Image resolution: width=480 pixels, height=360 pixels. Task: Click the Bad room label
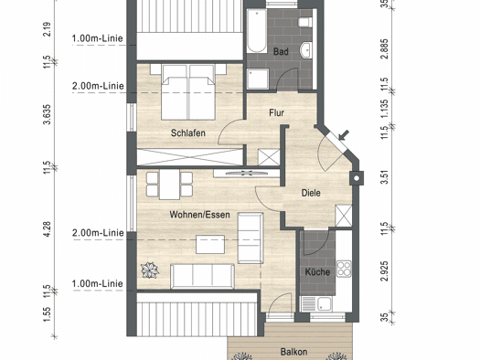(x=281, y=51)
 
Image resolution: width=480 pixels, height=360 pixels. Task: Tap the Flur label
(x=276, y=113)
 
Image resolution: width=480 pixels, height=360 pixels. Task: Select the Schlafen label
(x=188, y=133)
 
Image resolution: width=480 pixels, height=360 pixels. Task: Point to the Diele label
(x=311, y=193)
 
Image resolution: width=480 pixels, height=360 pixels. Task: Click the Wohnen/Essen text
(x=199, y=215)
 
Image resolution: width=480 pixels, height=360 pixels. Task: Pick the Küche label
(x=317, y=272)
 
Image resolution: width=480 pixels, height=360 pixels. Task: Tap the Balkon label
(x=293, y=352)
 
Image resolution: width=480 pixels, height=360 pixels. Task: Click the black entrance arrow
(x=344, y=135)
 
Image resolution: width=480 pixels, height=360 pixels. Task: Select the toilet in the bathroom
(x=305, y=22)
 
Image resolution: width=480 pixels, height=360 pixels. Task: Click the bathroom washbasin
(x=306, y=50)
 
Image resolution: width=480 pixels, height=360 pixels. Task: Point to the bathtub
(x=257, y=30)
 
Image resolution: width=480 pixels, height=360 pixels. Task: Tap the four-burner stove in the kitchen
(x=344, y=269)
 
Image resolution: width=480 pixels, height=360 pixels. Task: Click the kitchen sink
(x=317, y=304)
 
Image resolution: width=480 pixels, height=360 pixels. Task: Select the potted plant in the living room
(x=150, y=270)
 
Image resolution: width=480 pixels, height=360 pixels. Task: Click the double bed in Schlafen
(x=188, y=92)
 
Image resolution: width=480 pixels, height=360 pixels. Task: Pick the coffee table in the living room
(x=210, y=244)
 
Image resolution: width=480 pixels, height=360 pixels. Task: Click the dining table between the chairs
(x=169, y=185)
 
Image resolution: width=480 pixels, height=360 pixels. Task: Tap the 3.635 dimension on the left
(x=48, y=114)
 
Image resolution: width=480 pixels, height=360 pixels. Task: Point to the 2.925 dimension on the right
(x=385, y=271)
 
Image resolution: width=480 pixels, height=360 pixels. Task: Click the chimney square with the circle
(x=357, y=178)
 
